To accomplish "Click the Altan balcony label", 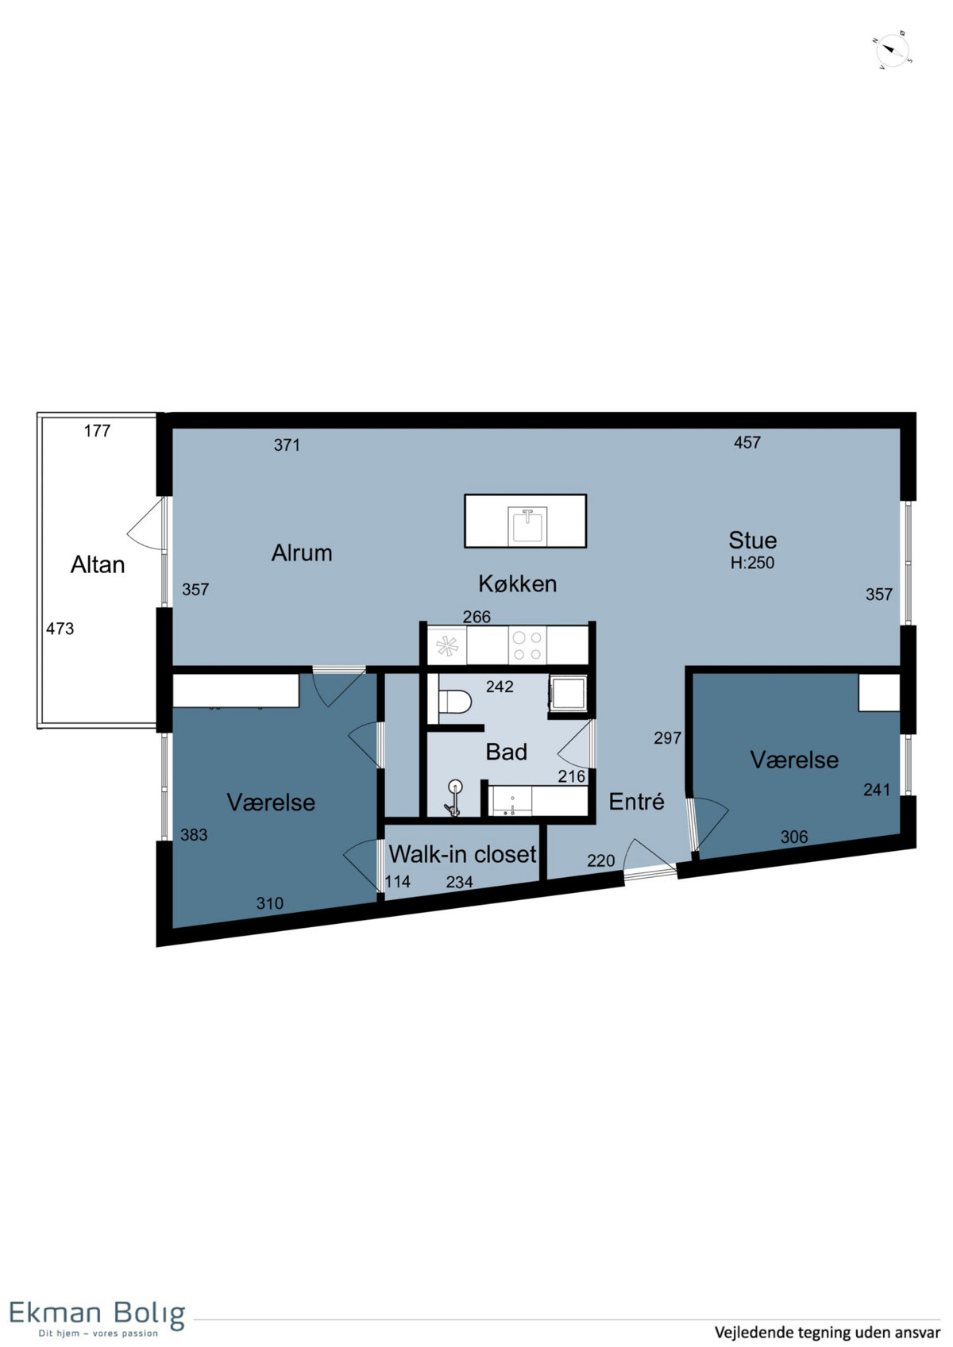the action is tap(98, 564).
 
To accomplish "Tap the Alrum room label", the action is tap(302, 552).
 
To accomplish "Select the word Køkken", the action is tap(518, 583).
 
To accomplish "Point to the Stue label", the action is tap(752, 540).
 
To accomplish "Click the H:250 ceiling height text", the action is tap(752, 563).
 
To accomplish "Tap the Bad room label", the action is tap(507, 752).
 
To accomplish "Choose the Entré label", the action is tap(637, 801).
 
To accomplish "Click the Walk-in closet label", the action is tap(462, 854).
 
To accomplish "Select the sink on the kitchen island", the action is tap(527, 527).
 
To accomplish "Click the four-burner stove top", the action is tap(527, 645).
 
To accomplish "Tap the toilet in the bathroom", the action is tap(455, 701).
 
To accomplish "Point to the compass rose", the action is tap(893, 51).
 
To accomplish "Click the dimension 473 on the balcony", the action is tap(60, 629).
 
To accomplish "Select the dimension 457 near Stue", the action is tap(747, 442).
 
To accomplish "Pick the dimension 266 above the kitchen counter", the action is tap(476, 617).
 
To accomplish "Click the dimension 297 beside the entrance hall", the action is tap(667, 737).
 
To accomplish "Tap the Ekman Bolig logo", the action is tap(97, 1315).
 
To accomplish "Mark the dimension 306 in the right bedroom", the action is tap(793, 836).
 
